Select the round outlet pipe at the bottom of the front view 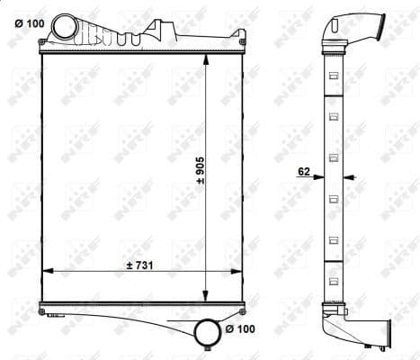tap(208, 334)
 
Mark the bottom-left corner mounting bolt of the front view tap(42, 311)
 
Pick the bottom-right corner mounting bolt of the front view tap(243, 311)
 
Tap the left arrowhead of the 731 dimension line tap(47, 271)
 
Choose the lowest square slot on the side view tap(334, 278)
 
